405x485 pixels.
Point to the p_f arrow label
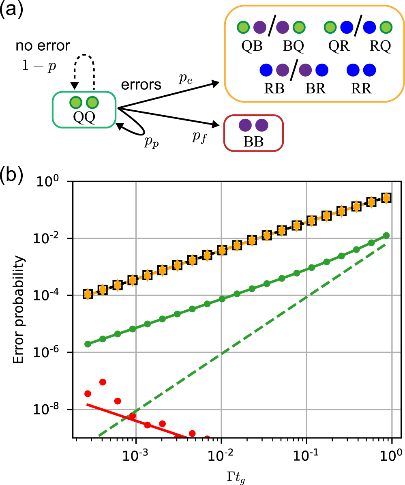(198, 137)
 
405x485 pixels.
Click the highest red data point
(103, 382)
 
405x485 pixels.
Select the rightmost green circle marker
(386, 236)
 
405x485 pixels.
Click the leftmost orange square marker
(88, 294)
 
